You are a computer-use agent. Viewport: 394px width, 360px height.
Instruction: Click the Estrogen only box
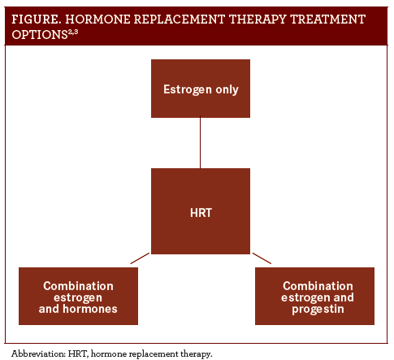coord(201,89)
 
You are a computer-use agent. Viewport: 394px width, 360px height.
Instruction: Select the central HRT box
coord(201,211)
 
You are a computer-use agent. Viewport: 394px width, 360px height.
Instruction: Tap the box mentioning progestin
coord(314,296)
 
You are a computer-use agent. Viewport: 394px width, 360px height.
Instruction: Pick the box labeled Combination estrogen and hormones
coord(78,296)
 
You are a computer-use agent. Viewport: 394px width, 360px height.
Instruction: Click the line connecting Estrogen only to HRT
coord(200,143)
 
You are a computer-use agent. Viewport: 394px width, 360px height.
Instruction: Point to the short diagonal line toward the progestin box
coord(262,258)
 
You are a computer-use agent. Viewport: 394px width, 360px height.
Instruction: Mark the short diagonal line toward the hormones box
coord(140,258)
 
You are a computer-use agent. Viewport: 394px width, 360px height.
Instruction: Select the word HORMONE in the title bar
coord(97,20)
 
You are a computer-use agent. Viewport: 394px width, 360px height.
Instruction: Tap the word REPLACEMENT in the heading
coord(180,20)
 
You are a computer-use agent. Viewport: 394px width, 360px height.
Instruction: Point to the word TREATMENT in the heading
coord(328,20)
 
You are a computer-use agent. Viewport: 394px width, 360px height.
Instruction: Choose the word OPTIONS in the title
coord(40,35)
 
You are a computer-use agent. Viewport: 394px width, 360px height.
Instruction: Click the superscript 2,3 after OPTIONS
coord(73,33)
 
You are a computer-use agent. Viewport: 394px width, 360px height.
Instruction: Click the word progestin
coord(318,310)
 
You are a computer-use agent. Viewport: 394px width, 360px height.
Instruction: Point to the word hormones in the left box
coord(90,309)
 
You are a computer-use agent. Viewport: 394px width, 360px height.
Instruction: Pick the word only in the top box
coord(227,89)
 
